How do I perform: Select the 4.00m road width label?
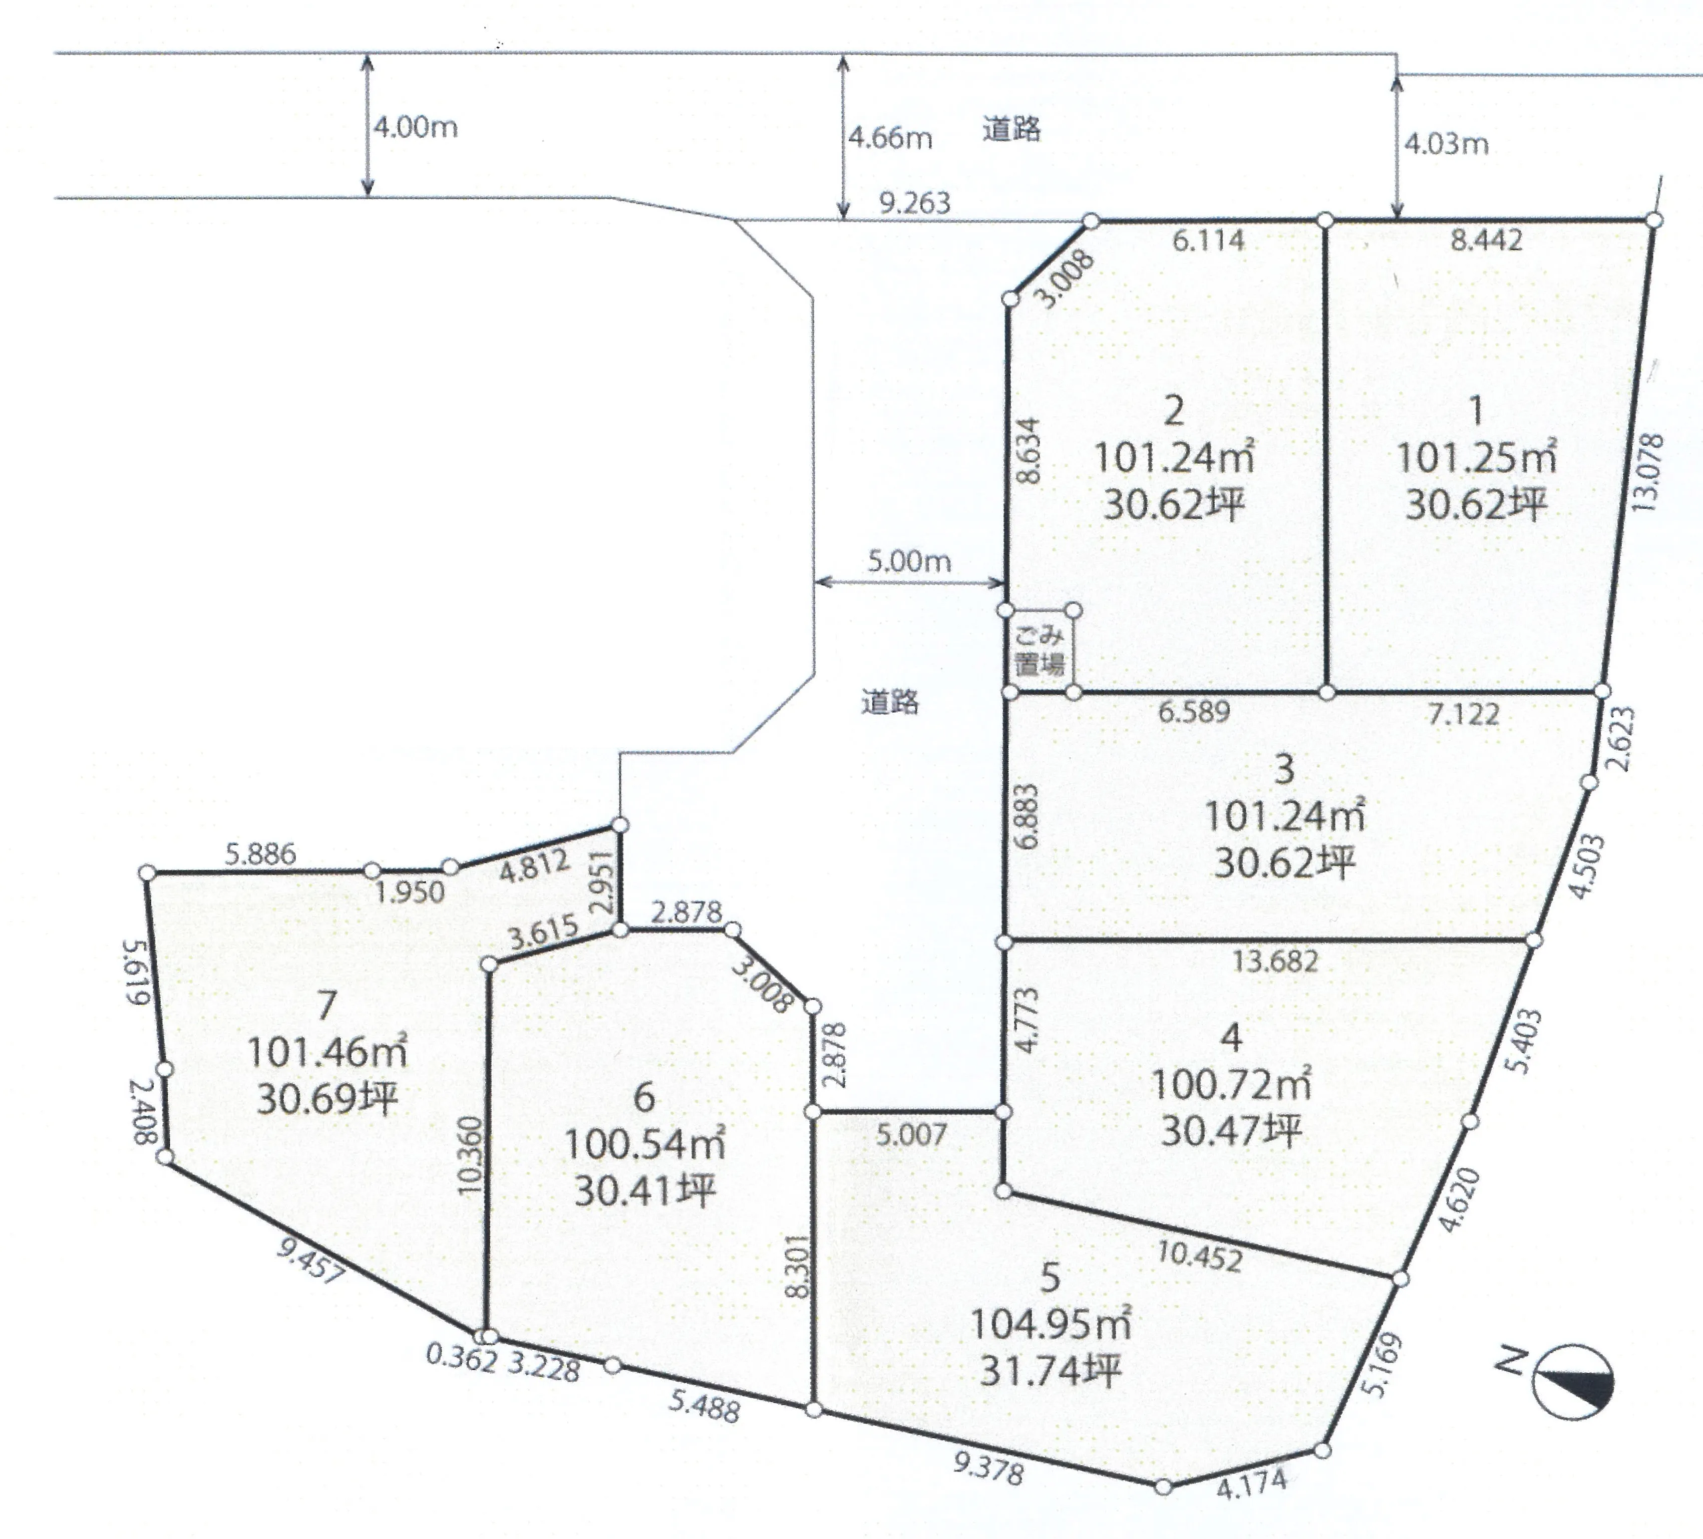(416, 128)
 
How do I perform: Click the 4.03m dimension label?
(1446, 144)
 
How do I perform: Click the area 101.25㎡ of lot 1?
(1476, 458)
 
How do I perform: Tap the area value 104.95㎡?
(1050, 1324)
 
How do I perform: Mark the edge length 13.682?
(1275, 961)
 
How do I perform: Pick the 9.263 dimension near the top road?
(915, 203)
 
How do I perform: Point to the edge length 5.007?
(911, 1134)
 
